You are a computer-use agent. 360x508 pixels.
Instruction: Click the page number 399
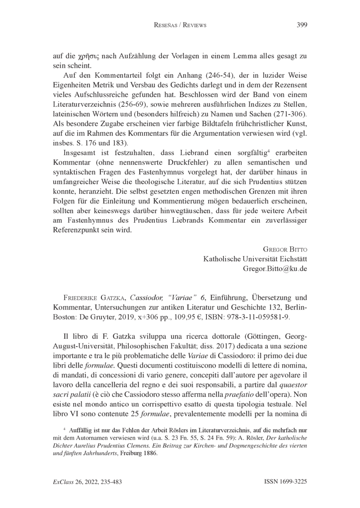(x=302, y=25)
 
